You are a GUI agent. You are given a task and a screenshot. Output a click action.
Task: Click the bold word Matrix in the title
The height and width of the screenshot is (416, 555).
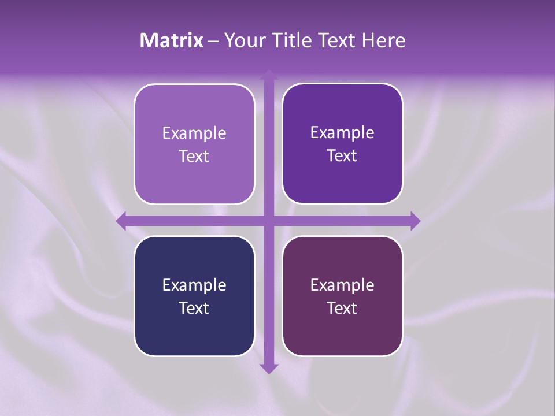172,40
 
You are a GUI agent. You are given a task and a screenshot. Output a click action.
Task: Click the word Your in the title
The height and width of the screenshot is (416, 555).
243,40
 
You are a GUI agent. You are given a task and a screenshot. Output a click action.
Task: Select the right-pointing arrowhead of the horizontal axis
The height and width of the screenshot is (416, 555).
415,221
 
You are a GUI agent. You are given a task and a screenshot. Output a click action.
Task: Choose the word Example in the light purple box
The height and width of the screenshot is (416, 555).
194,133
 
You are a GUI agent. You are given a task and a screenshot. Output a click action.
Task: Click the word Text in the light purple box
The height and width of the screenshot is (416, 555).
194,156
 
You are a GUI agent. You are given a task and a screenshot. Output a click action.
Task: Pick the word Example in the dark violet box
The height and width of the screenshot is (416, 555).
342,132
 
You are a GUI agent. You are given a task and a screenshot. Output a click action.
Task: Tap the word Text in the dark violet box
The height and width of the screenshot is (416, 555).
342,155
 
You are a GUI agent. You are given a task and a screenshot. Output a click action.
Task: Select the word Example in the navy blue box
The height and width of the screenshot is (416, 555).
194,285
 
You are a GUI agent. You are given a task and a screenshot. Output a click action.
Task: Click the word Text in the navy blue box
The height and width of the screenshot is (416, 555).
194,308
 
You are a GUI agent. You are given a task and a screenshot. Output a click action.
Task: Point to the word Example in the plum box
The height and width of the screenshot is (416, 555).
342,285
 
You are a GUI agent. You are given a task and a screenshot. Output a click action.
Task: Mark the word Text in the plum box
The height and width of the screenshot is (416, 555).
342,308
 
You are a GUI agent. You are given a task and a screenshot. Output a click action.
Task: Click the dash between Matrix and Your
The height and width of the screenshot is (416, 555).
213,41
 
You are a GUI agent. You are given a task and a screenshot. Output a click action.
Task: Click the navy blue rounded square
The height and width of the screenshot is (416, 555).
194,335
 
